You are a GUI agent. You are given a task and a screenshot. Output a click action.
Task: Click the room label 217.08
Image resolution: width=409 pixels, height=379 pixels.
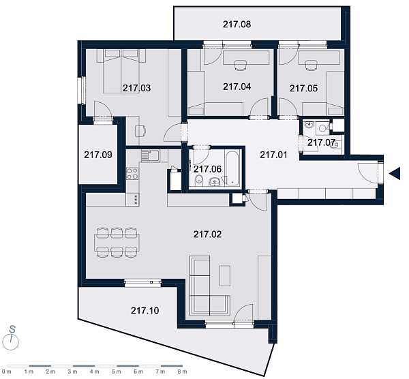(237, 25)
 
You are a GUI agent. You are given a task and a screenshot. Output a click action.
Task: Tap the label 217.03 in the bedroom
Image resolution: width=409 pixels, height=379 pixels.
(137, 88)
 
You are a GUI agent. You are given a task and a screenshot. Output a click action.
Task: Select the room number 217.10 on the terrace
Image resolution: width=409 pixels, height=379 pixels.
(145, 310)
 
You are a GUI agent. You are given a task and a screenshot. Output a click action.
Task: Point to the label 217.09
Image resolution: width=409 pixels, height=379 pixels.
(98, 155)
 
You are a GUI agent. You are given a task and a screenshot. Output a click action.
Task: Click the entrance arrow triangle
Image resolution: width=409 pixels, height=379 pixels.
(395, 173)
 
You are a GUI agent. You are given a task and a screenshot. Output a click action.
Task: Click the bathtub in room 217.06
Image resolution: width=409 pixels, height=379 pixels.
(232, 168)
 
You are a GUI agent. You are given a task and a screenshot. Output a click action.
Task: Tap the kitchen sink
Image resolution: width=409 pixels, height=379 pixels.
(151, 155)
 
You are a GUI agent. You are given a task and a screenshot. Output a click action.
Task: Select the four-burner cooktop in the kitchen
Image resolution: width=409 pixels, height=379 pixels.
(132, 173)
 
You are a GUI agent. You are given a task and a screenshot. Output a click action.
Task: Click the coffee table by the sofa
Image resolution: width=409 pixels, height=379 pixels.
(225, 275)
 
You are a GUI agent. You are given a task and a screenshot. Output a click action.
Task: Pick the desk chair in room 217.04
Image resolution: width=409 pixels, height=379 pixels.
(241, 65)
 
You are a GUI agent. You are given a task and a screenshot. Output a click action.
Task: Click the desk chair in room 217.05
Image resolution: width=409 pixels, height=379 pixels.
(310, 65)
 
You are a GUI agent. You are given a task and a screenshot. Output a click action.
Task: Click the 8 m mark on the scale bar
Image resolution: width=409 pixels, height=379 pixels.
(183, 366)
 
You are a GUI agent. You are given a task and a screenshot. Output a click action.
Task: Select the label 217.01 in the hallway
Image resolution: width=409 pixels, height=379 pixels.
(273, 155)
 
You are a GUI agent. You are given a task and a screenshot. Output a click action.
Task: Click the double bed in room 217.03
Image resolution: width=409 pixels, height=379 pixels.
(121, 71)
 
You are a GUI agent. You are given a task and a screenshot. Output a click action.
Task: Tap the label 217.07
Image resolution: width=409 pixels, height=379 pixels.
(321, 142)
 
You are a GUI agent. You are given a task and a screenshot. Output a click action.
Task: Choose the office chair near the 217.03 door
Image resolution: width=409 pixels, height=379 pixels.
(140, 131)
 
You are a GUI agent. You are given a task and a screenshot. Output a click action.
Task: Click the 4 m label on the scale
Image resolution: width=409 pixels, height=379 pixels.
(95, 372)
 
